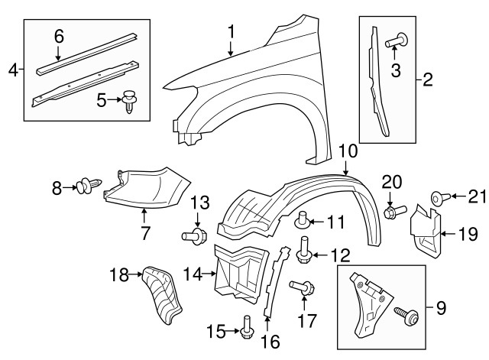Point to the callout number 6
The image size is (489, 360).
pyautogui.click(x=59, y=35)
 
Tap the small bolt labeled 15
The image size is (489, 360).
pyautogui.click(x=245, y=331)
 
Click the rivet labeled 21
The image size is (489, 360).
pyautogui.click(x=439, y=197)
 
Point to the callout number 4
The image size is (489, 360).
pyautogui.click(x=12, y=70)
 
